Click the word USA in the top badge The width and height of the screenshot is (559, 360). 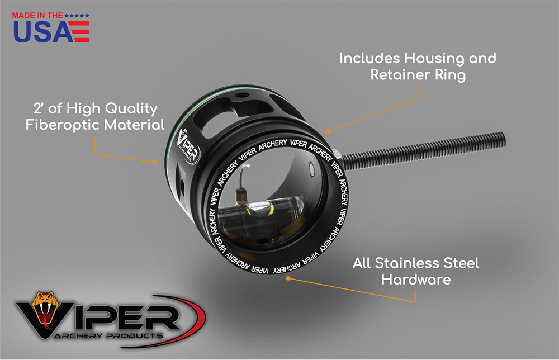[43, 32]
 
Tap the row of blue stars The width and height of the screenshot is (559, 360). [77, 16]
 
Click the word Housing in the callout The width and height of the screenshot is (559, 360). [434, 59]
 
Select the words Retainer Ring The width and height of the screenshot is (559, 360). [418, 75]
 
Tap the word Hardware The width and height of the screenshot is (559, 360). [416, 280]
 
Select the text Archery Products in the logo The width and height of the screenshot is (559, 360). [109, 336]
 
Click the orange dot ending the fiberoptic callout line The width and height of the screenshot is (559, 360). [154, 162]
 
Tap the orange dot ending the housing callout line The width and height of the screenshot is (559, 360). [328, 132]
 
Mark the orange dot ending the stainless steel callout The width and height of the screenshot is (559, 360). [288, 278]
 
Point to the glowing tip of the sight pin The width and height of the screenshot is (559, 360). [248, 165]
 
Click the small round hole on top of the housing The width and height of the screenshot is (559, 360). [242, 95]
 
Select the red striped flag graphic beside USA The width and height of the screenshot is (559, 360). [79, 32]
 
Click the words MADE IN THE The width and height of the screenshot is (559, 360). [37, 16]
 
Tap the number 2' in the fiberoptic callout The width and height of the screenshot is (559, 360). [39, 108]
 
